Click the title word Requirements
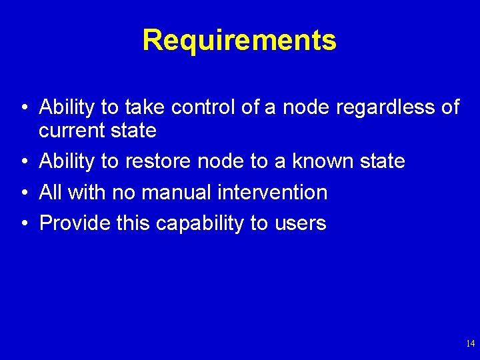(x=239, y=40)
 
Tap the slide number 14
(x=470, y=344)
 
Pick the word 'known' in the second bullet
(x=323, y=161)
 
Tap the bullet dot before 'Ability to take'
(x=24, y=107)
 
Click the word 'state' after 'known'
(x=381, y=161)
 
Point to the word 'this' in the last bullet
(x=133, y=223)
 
